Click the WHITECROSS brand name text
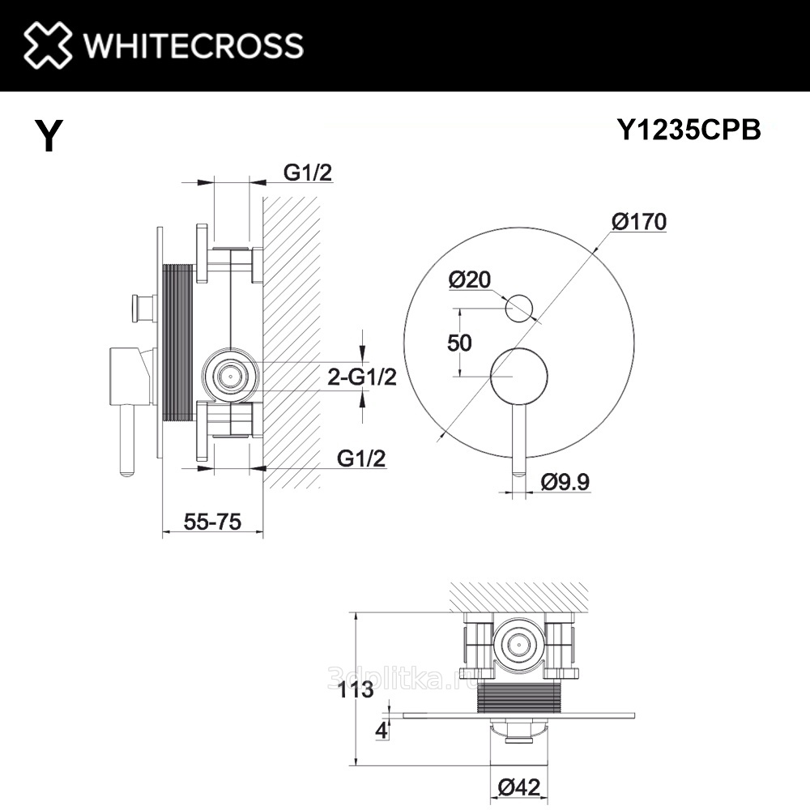pos(194,45)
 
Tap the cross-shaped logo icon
pos(48,45)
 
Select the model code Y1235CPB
pos(689,130)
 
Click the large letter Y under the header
pos(49,135)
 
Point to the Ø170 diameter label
pos(639,222)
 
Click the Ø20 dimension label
pos(470,280)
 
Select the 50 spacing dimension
pos(459,343)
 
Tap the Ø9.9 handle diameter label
pos(565,483)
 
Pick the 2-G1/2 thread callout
pos(362,377)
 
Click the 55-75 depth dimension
pos(212,522)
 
